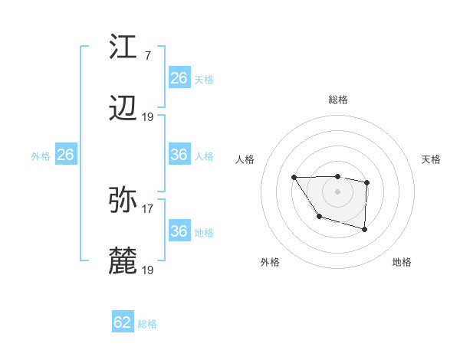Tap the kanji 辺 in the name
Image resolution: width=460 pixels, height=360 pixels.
(123, 111)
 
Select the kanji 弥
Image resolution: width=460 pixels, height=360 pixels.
(123, 201)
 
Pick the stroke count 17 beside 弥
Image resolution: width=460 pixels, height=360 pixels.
(148, 208)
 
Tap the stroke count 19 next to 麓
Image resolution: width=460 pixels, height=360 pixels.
(148, 270)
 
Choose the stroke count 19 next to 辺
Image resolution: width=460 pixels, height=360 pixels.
(148, 117)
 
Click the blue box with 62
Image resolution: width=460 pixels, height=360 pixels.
(123, 322)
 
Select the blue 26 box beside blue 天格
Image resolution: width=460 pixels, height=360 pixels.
(179, 78)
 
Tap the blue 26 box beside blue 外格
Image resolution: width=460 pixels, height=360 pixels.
(65, 155)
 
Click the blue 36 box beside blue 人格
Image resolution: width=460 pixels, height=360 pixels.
(179, 155)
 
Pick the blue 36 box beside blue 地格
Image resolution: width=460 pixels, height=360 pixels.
(179, 231)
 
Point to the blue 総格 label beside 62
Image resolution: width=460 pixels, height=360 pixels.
(147, 324)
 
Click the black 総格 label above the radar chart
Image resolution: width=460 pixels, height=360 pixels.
(338, 100)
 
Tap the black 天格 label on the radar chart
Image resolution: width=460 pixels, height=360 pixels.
(431, 159)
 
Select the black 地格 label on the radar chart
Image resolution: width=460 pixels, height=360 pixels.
(402, 262)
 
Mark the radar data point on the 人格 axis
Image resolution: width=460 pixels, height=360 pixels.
(294, 178)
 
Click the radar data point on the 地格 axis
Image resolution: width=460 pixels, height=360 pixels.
(365, 229)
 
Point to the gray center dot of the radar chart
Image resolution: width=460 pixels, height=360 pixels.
(338, 191)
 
